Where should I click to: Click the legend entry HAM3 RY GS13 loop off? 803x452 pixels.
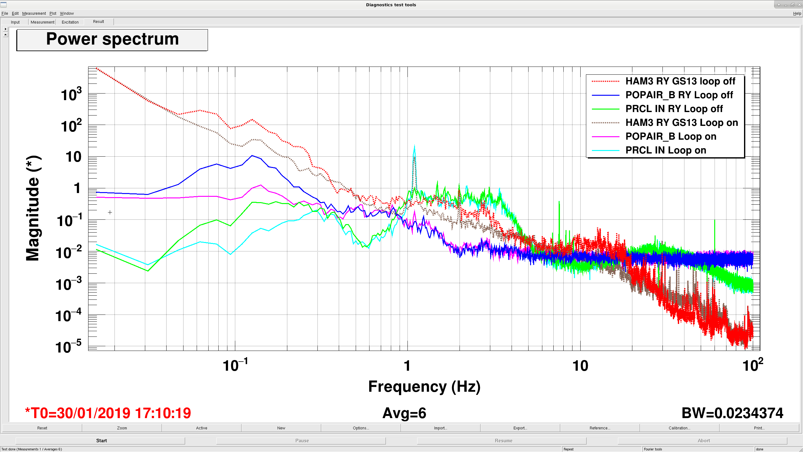pos(680,81)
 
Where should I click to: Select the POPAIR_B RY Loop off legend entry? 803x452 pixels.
pos(679,95)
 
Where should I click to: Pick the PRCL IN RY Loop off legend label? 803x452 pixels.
pos(674,109)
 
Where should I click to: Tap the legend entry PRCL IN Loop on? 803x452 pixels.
pos(666,150)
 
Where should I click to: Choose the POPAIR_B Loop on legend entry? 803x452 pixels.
pos(671,137)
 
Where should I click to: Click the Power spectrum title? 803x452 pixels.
pos(112,39)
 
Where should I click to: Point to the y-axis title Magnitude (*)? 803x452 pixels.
pos(33,208)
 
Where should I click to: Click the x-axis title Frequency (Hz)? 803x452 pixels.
pos(424,387)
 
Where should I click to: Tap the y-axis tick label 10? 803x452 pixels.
pos(73,157)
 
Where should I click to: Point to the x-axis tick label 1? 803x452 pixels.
pos(407,366)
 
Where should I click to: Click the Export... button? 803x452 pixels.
pos(520,428)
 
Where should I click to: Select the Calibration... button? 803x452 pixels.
pos(679,428)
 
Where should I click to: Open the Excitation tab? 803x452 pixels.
pos(70,22)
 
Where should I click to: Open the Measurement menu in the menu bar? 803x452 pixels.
pos(34,13)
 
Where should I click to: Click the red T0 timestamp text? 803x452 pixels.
pos(108,413)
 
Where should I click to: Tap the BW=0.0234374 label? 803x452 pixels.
pos(732,413)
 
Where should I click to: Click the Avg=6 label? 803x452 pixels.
pos(404,413)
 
